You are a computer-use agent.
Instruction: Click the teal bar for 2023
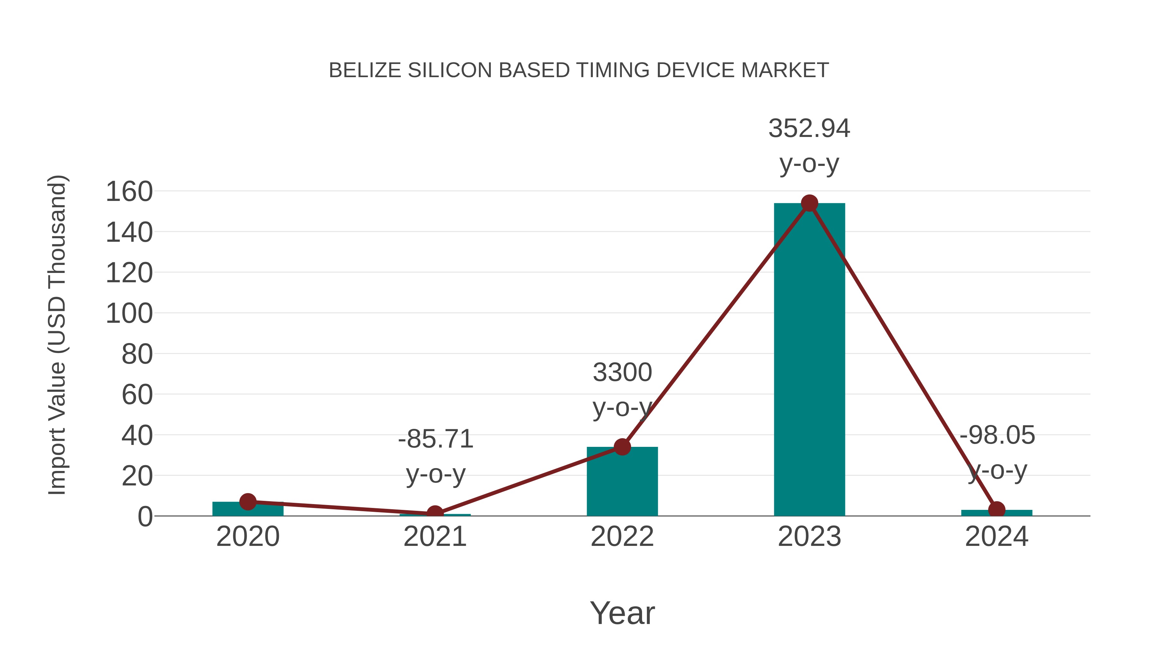[x=809, y=359]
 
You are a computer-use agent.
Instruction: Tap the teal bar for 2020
[x=248, y=509]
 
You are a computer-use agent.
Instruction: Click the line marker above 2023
[x=809, y=203]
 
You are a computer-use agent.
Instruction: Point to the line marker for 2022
[x=622, y=447]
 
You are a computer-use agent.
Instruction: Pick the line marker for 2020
[x=248, y=502]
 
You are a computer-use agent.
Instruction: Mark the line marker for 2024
[x=997, y=510]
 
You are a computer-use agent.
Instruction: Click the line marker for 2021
[x=435, y=513]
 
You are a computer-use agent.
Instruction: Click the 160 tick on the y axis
[x=129, y=192]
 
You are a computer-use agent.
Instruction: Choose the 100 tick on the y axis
[x=129, y=313]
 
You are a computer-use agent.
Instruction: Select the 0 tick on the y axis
[x=145, y=517]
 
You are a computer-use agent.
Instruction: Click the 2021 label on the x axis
[x=435, y=537]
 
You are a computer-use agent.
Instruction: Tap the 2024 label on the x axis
[x=997, y=537]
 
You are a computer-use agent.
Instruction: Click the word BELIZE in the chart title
[x=365, y=70]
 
